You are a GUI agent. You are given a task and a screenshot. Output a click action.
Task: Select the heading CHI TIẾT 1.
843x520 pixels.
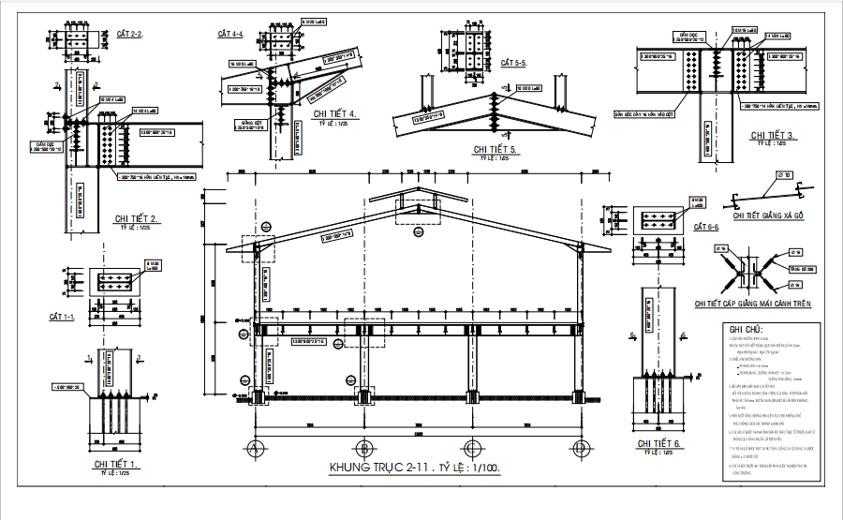point(116,464)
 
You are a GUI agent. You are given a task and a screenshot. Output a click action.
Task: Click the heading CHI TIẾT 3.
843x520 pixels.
point(773,136)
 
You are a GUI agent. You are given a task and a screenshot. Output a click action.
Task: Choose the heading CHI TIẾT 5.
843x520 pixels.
point(495,149)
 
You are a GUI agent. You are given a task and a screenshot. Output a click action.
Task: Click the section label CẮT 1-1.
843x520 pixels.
point(62,318)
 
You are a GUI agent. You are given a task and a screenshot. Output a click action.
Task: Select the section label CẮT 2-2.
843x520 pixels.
point(128,34)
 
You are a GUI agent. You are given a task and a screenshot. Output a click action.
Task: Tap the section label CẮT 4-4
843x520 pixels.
point(230,34)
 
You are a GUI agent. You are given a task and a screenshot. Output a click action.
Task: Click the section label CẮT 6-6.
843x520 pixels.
point(705,227)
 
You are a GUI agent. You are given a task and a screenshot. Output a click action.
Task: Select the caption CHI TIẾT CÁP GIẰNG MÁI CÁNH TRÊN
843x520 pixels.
point(752,304)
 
